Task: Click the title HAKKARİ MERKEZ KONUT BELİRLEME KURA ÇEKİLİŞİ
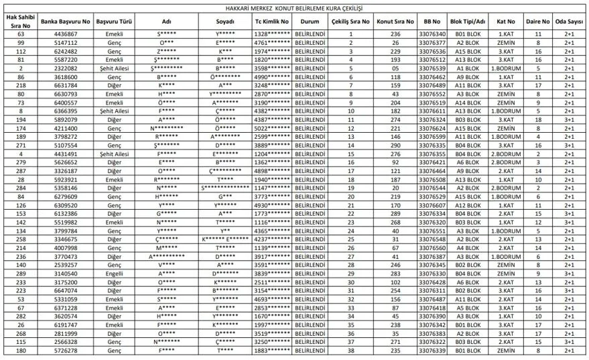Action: [294, 8]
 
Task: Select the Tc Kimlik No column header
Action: [271, 21]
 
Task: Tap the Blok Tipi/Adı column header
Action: [468, 21]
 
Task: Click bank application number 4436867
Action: [65, 34]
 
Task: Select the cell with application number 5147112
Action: [65, 42]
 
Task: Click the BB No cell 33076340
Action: [432, 34]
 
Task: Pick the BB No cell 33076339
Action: [432, 349]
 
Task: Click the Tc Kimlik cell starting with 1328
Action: [271, 34]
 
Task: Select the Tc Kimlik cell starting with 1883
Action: [271, 349]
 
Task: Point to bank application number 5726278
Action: [65, 349]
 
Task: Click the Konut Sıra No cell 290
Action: [396, 145]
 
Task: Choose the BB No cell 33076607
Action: [432, 204]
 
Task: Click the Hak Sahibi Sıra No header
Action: [20, 21]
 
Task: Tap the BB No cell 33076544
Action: [432, 188]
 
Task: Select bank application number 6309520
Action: [65, 204]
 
